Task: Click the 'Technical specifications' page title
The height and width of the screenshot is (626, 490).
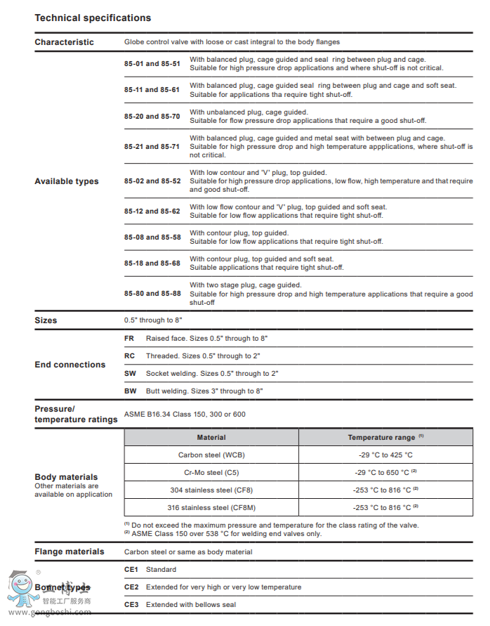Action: point(93,18)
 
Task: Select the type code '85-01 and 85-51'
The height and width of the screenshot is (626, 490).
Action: point(152,64)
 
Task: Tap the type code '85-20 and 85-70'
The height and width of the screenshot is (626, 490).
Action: point(152,116)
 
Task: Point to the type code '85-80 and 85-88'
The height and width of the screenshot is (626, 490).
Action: point(152,293)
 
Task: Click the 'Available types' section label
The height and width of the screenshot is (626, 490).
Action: point(67,181)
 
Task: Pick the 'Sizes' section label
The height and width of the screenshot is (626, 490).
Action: point(46,320)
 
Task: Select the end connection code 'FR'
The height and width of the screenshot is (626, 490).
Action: point(129,339)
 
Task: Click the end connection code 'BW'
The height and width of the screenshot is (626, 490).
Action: point(130,391)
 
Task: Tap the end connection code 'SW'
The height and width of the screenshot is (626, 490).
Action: point(130,373)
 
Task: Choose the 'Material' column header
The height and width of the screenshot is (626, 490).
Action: point(211,437)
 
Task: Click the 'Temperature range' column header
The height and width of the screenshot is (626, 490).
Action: point(383,437)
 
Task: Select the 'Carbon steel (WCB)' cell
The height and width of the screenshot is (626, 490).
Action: point(211,455)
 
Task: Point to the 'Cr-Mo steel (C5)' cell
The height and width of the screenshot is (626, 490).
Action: point(211,472)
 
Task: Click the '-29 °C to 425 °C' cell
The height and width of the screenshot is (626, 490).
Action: point(383,455)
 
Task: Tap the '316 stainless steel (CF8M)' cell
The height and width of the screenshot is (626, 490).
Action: point(211,507)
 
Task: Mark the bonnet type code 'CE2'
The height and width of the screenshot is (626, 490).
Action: point(131,587)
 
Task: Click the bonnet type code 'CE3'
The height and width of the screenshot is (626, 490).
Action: point(131,604)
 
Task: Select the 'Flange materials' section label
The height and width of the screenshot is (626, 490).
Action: point(69,552)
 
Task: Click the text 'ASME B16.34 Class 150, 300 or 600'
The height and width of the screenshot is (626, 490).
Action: point(185,415)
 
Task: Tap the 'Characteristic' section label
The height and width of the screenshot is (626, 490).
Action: point(64,42)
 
